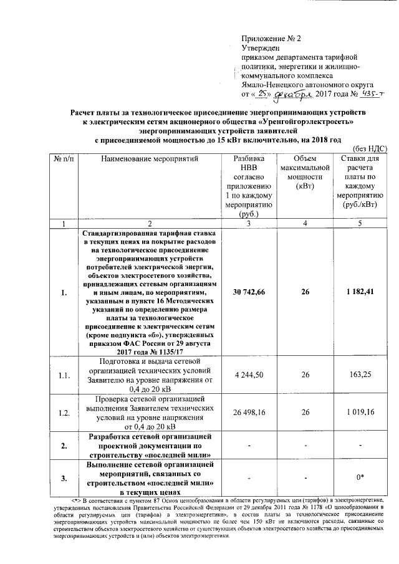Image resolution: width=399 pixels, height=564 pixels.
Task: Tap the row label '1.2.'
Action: point(64,413)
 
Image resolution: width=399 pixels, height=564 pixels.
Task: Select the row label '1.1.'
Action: point(64,376)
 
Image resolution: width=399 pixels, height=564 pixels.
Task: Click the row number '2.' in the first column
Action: point(64,446)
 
